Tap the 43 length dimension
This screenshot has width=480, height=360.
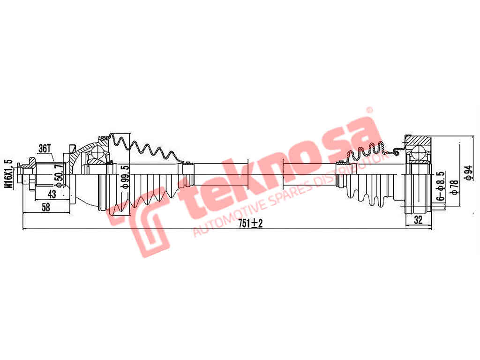coord(52,194)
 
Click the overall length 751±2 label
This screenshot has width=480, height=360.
coord(250,224)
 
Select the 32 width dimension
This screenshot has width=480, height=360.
coord(417,219)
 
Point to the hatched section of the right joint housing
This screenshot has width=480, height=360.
coord(418,140)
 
